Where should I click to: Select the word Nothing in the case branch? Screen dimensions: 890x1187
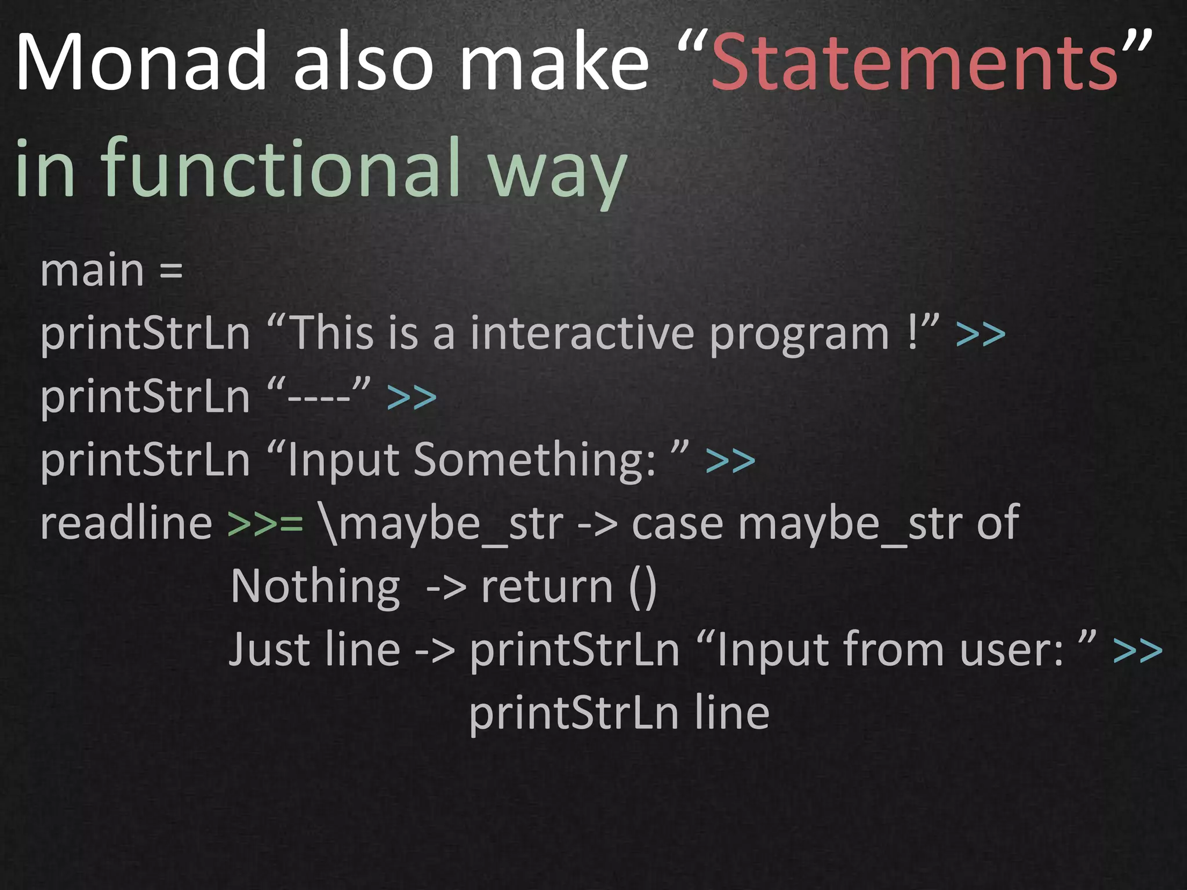tap(315, 587)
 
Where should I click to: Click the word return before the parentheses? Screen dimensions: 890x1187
tap(547, 587)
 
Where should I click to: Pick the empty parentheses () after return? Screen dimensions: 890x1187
tap(642, 587)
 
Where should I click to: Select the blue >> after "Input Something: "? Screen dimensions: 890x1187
tap(730, 461)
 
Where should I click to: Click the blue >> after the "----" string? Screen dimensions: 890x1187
tap(412, 398)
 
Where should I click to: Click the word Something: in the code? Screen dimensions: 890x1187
tap(534, 460)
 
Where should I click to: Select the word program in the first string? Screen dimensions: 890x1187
tap(799, 335)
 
